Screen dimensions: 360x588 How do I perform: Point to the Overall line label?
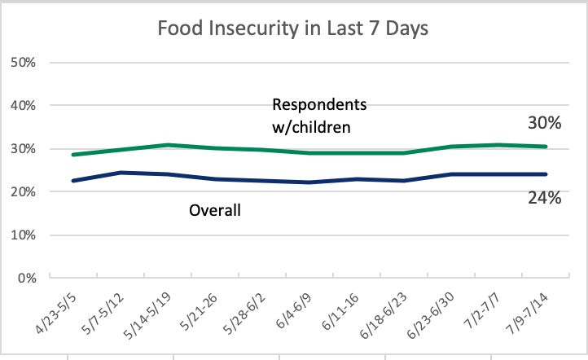[217, 211]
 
